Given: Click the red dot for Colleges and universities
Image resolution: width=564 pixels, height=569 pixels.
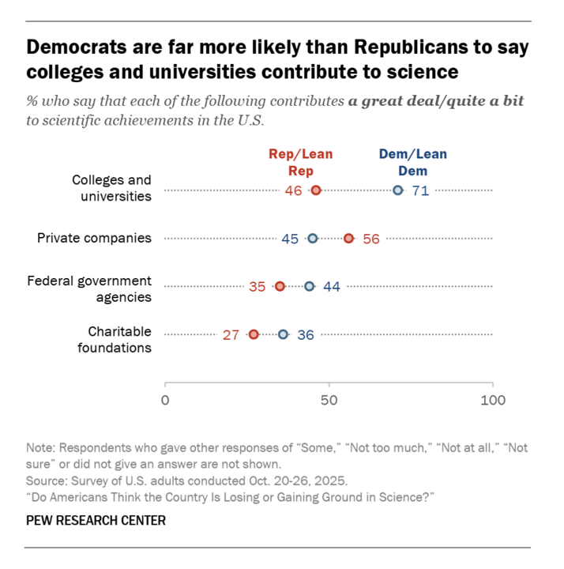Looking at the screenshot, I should pyautogui.click(x=316, y=190).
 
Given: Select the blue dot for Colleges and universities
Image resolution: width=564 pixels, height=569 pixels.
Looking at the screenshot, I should pyautogui.click(x=398, y=190).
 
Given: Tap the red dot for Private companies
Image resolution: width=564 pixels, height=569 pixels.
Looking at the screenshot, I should pyautogui.click(x=348, y=239).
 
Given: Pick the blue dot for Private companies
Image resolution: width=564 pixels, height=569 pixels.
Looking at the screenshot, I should pyautogui.click(x=312, y=239).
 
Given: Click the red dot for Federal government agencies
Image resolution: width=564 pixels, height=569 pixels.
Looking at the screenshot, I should pyautogui.click(x=280, y=286).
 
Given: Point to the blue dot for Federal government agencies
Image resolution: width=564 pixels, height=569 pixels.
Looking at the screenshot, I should pyautogui.click(x=309, y=286).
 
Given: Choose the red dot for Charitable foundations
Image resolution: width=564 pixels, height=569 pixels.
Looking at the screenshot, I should pyautogui.click(x=254, y=334).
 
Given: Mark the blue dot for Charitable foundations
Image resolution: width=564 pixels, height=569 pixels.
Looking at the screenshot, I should pyautogui.click(x=283, y=334).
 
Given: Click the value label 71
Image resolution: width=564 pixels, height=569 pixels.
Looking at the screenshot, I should pyautogui.click(x=419, y=191).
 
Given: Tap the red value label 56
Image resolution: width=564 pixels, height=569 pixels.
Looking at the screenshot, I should pyautogui.click(x=371, y=239).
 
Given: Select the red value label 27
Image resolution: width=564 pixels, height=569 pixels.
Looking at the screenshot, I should pyautogui.click(x=231, y=335).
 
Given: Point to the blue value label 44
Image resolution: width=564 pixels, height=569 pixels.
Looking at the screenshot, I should pyautogui.click(x=331, y=287).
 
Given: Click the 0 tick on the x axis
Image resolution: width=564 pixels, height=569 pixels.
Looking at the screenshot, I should pyautogui.click(x=165, y=401).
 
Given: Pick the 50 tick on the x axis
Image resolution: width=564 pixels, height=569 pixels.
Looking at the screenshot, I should pyautogui.click(x=329, y=401).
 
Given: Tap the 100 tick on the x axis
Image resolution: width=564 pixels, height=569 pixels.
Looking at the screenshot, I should pyautogui.click(x=493, y=401).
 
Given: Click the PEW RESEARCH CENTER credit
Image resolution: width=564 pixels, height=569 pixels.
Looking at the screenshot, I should pyautogui.click(x=96, y=521).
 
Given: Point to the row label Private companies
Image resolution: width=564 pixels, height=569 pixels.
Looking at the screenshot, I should pyautogui.click(x=95, y=238).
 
